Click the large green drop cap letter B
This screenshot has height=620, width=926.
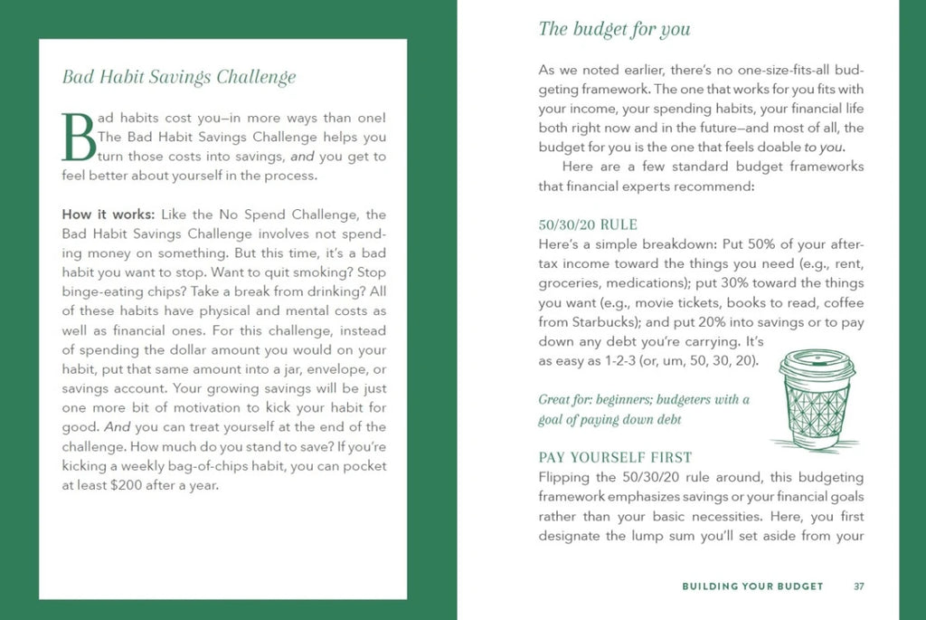(78, 138)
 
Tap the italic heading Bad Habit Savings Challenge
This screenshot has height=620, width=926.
(178, 77)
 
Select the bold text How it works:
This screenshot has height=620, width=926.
(109, 215)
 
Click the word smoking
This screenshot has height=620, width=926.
(317, 272)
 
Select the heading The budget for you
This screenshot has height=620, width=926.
(614, 29)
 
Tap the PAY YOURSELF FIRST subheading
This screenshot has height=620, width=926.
(615, 457)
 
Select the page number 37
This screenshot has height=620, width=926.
(859, 587)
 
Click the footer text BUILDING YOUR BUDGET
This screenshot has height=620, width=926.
(752, 587)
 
